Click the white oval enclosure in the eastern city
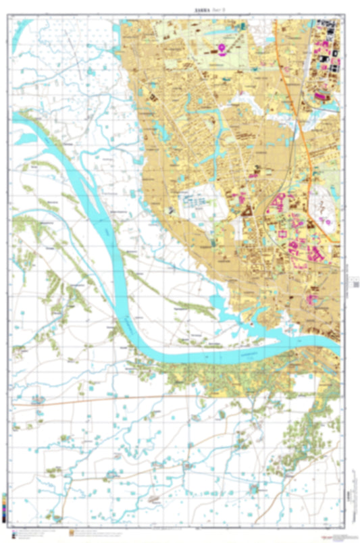tap(324, 213)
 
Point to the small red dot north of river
tap(252, 324)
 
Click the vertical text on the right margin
tap(353, 277)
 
